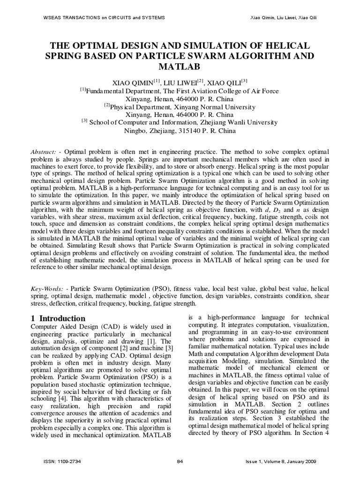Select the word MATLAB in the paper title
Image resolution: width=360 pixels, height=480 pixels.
tap(180, 67)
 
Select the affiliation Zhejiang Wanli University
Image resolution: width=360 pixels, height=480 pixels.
tap(234, 122)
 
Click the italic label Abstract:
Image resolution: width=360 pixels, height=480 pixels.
tap(44, 153)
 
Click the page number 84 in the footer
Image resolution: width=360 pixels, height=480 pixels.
tap(180, 461)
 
